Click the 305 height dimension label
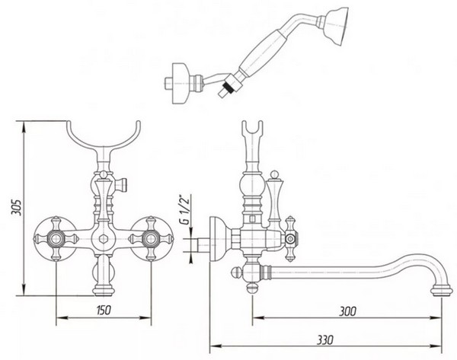(16, 207)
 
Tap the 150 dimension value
(104, 310)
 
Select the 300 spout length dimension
(347, 311)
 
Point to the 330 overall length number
(325, 339)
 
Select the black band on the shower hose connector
(226, 86)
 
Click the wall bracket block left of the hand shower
(181, 83)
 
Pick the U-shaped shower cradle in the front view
(104, 144)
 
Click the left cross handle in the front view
(56, 238)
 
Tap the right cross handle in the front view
(151, 238)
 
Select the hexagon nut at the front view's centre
(103, 239)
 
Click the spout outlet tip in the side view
(442, 291)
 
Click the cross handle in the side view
(290, 239)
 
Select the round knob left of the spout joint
(235, 273)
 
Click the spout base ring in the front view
(103, 291)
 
